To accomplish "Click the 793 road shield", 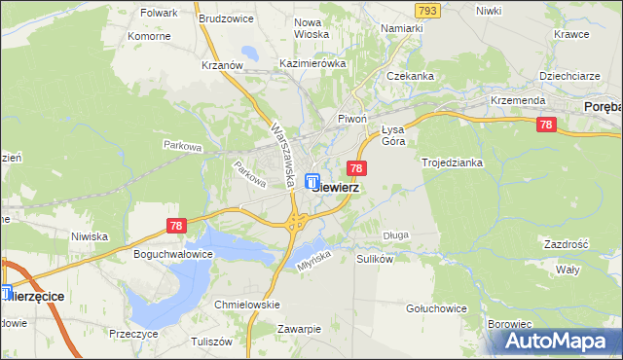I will [425, 10].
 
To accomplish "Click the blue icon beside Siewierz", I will [311, 181].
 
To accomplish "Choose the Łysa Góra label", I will [392, 135].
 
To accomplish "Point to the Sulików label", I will [375, 260].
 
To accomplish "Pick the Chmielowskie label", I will [247, 305].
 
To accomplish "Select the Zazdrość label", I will [566, 244].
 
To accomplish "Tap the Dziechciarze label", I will [569, 75].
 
